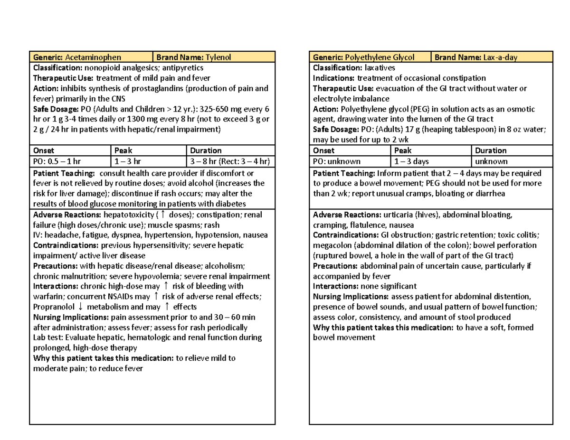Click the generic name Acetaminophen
click(90, 57)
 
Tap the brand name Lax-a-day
click(500, 57)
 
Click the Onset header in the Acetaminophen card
click(43, 150)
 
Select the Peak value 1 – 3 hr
click(128, 161)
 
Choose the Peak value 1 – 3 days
click(411, 161)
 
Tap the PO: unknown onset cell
click(337, 161)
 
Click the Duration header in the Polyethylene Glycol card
click(491, 150)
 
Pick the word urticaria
click(399, 215)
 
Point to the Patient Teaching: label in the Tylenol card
click(62, 173)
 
